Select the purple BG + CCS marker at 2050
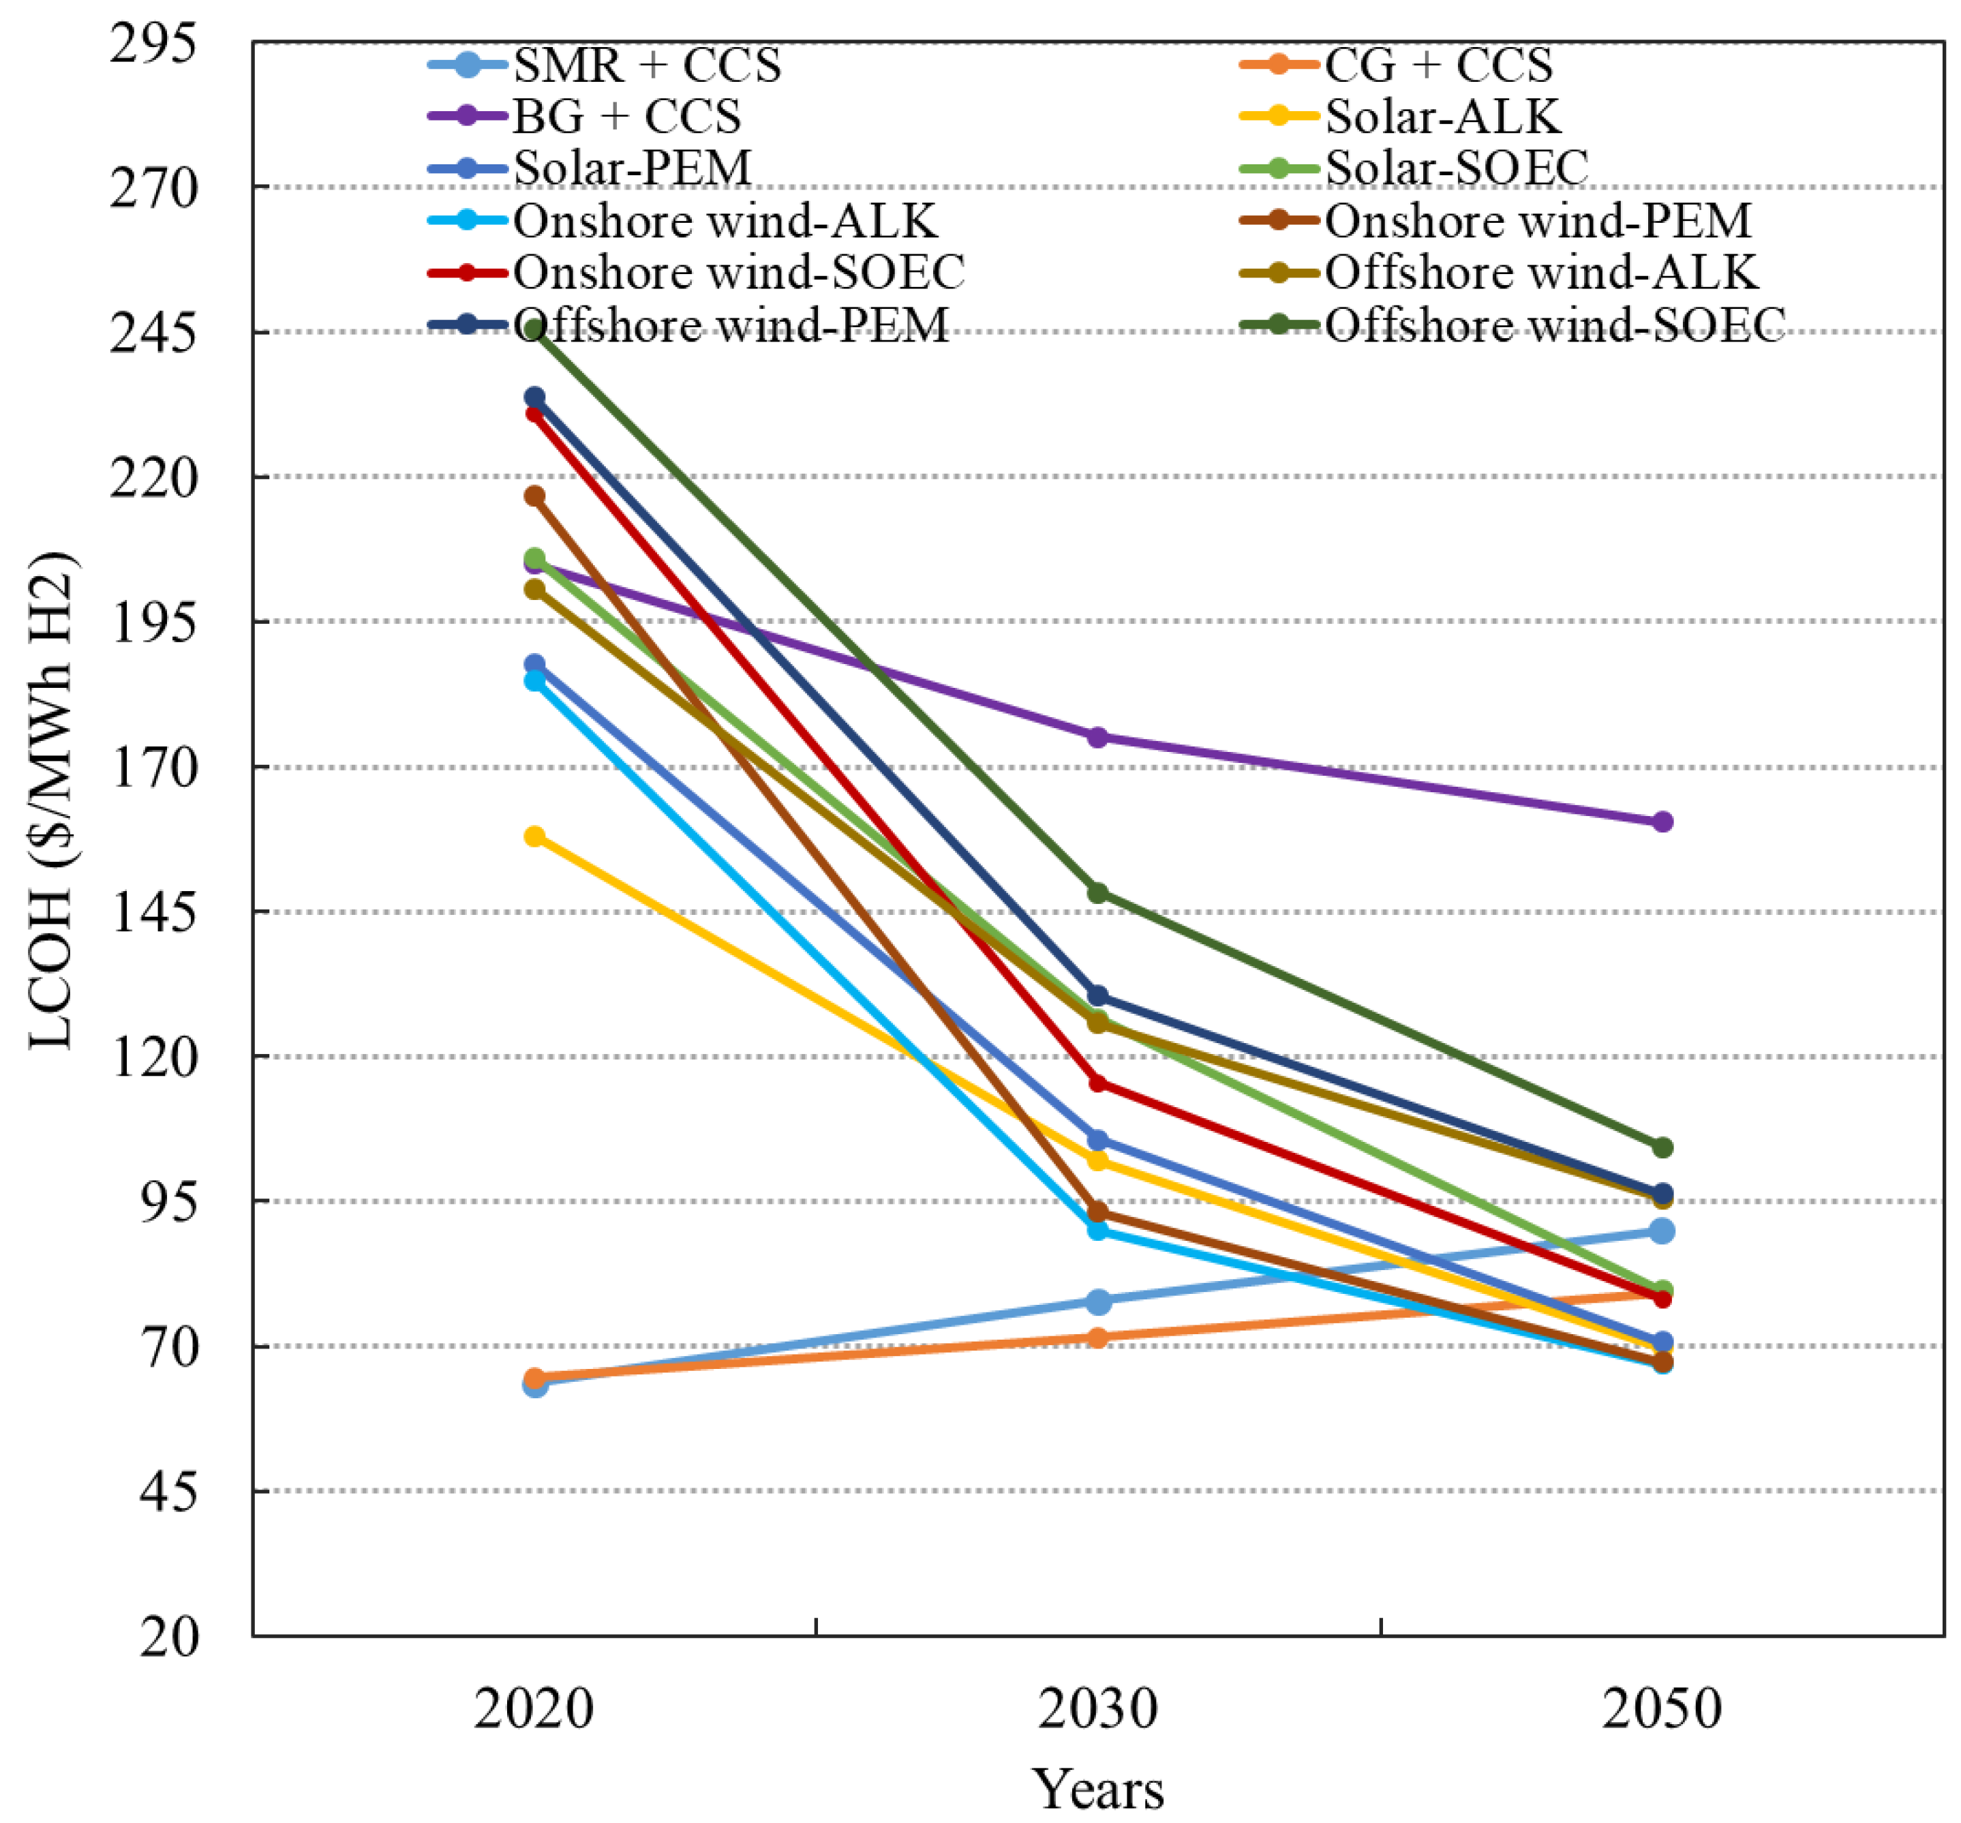[1662, 822]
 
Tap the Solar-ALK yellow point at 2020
[534, 837]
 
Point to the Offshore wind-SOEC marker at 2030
[1097, 893]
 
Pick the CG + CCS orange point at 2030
[1097, 1338]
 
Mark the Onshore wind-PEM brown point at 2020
[534, 496]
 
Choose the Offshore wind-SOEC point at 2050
[1662, 1147]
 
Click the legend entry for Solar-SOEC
[1456, 168]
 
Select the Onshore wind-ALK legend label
[725, 220]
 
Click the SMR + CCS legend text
[647, 65]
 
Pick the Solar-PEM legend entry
[633, 168]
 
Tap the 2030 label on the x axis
[1097, 1710]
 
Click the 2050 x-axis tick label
[1662, 1710]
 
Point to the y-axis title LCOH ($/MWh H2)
[51, 801]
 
